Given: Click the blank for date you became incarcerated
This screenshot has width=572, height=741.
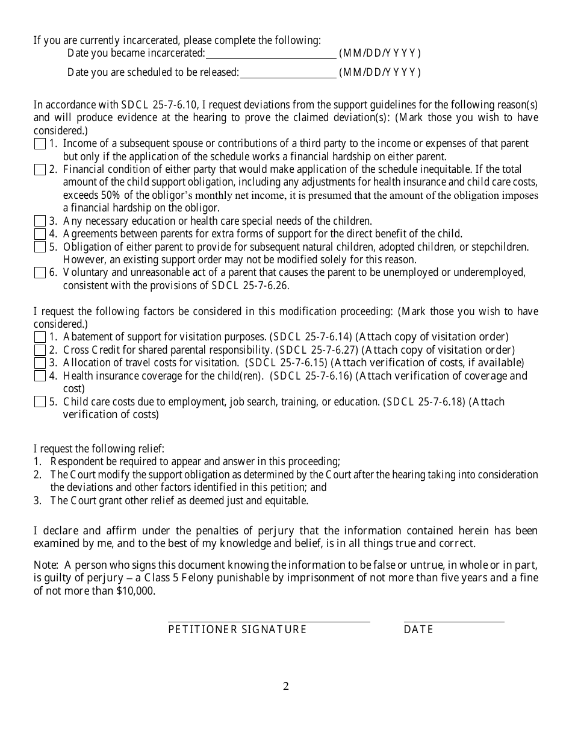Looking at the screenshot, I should pos(270,54).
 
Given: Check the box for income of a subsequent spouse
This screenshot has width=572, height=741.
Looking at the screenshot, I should pos(40,144).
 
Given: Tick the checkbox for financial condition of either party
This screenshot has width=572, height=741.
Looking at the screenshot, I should pos(40,170).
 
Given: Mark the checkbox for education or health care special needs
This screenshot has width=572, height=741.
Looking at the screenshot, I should pos(40,221).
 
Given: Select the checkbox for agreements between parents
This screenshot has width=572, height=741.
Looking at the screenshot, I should pos(40,234).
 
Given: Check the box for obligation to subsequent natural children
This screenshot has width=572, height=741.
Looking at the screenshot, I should pos(40,247).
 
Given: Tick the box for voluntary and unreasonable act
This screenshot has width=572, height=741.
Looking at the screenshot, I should pos(40,273).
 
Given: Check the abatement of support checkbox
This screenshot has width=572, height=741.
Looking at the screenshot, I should pos(40,337).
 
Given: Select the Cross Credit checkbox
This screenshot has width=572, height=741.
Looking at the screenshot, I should pos(40,350).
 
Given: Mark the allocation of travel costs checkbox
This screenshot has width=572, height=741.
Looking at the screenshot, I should pos(40,363).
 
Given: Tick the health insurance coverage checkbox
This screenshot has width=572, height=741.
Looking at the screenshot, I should pos(40,376).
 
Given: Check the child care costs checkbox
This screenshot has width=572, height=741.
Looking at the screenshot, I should pos(40,402).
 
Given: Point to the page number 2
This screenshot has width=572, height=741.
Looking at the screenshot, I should pos(286,686).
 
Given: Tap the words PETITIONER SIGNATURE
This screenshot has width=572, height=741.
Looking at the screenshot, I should pos(237,630).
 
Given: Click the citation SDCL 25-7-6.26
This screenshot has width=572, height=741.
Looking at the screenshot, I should pos(250,286).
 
